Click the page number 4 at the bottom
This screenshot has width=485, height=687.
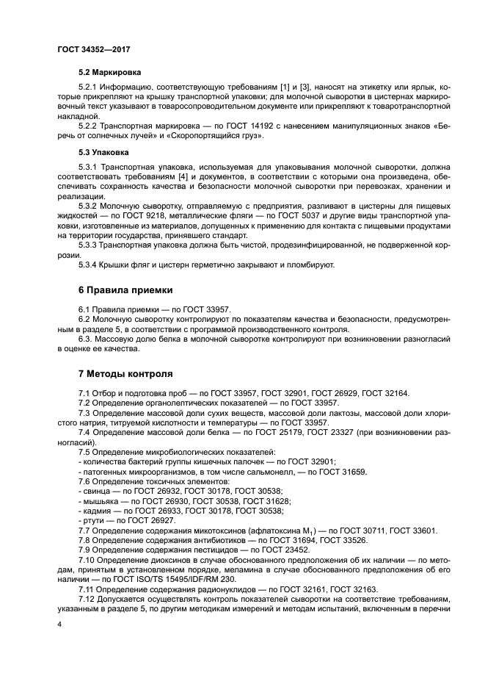[x=59, y=624]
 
